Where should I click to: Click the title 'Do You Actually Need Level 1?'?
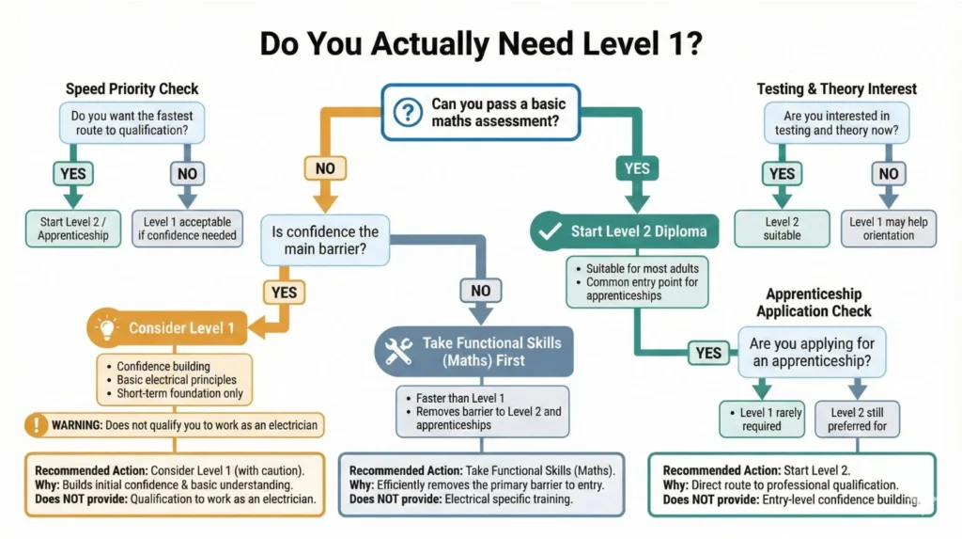[x=480, y=44]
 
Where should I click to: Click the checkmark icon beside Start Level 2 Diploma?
[x=548, y=230]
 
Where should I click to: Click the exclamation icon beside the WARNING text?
[x=38, y=425]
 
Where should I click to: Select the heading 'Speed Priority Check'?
[x=132, y=89]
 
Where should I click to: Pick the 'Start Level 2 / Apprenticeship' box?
[x=73, y=229]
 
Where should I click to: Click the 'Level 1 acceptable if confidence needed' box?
[x=188, y=229]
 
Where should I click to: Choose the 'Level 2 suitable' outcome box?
[x=782, y=228]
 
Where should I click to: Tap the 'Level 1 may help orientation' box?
[x=888, y=228]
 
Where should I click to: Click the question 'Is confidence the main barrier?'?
[x=325, y=240]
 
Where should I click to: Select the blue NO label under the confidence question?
[x=480, y=291]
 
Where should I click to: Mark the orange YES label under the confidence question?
[x=284, y=293]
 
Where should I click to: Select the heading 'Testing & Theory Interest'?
[x=836, y=89]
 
